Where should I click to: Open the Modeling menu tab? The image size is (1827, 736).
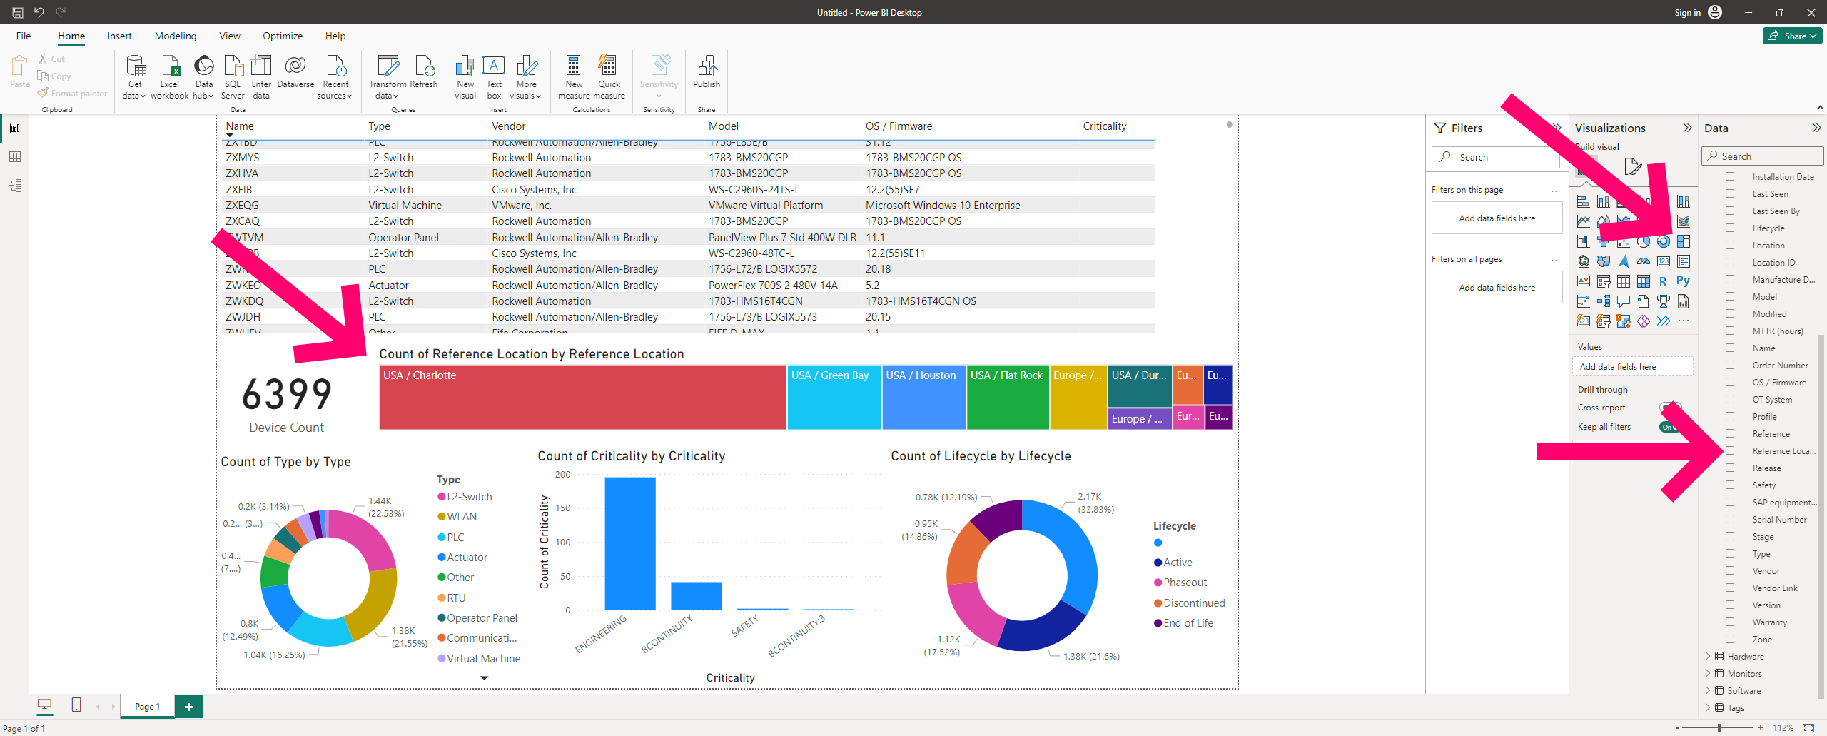tap(176, 36)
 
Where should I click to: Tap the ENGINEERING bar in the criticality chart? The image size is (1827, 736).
tap(629, 543)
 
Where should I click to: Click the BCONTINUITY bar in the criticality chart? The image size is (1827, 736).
tap(696, 595)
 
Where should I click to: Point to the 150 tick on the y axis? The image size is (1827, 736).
tap(563, 508)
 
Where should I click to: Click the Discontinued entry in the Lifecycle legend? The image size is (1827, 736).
tap(1194, 603)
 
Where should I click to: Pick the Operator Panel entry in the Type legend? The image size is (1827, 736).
tap(482, 618)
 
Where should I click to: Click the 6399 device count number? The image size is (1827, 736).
tap(287, 395)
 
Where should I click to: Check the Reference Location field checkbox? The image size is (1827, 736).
tap(1730, 451)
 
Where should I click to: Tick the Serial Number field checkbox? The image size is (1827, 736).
tap(1730, 520)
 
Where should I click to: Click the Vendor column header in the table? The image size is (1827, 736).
tap(509, 126)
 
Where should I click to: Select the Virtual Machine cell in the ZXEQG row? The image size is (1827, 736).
tap(405, 206)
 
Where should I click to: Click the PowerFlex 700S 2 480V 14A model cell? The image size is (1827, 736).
tap(773, 286)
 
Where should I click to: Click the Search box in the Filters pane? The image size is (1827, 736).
tap(1497, 157)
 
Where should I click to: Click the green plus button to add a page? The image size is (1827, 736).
tap(188, 707)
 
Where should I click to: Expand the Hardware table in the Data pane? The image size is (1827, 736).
tap(1708, 657)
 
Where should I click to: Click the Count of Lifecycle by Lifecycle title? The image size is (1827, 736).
tap(981, 456)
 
